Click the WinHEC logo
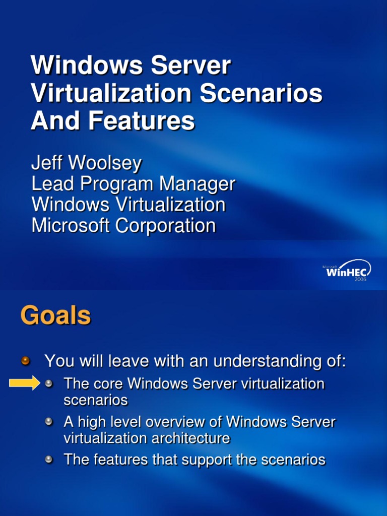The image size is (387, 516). [x=348, y=271]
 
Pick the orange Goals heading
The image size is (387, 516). [x=55, y=316]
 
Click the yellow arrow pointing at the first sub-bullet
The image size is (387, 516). [x=24, y=383]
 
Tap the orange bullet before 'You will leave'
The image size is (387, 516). [x=26, y=361]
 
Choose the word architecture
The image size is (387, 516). [x=187, y=438]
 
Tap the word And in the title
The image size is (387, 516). [x=51, y=121]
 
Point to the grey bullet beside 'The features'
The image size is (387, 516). [x=49, y=460]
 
